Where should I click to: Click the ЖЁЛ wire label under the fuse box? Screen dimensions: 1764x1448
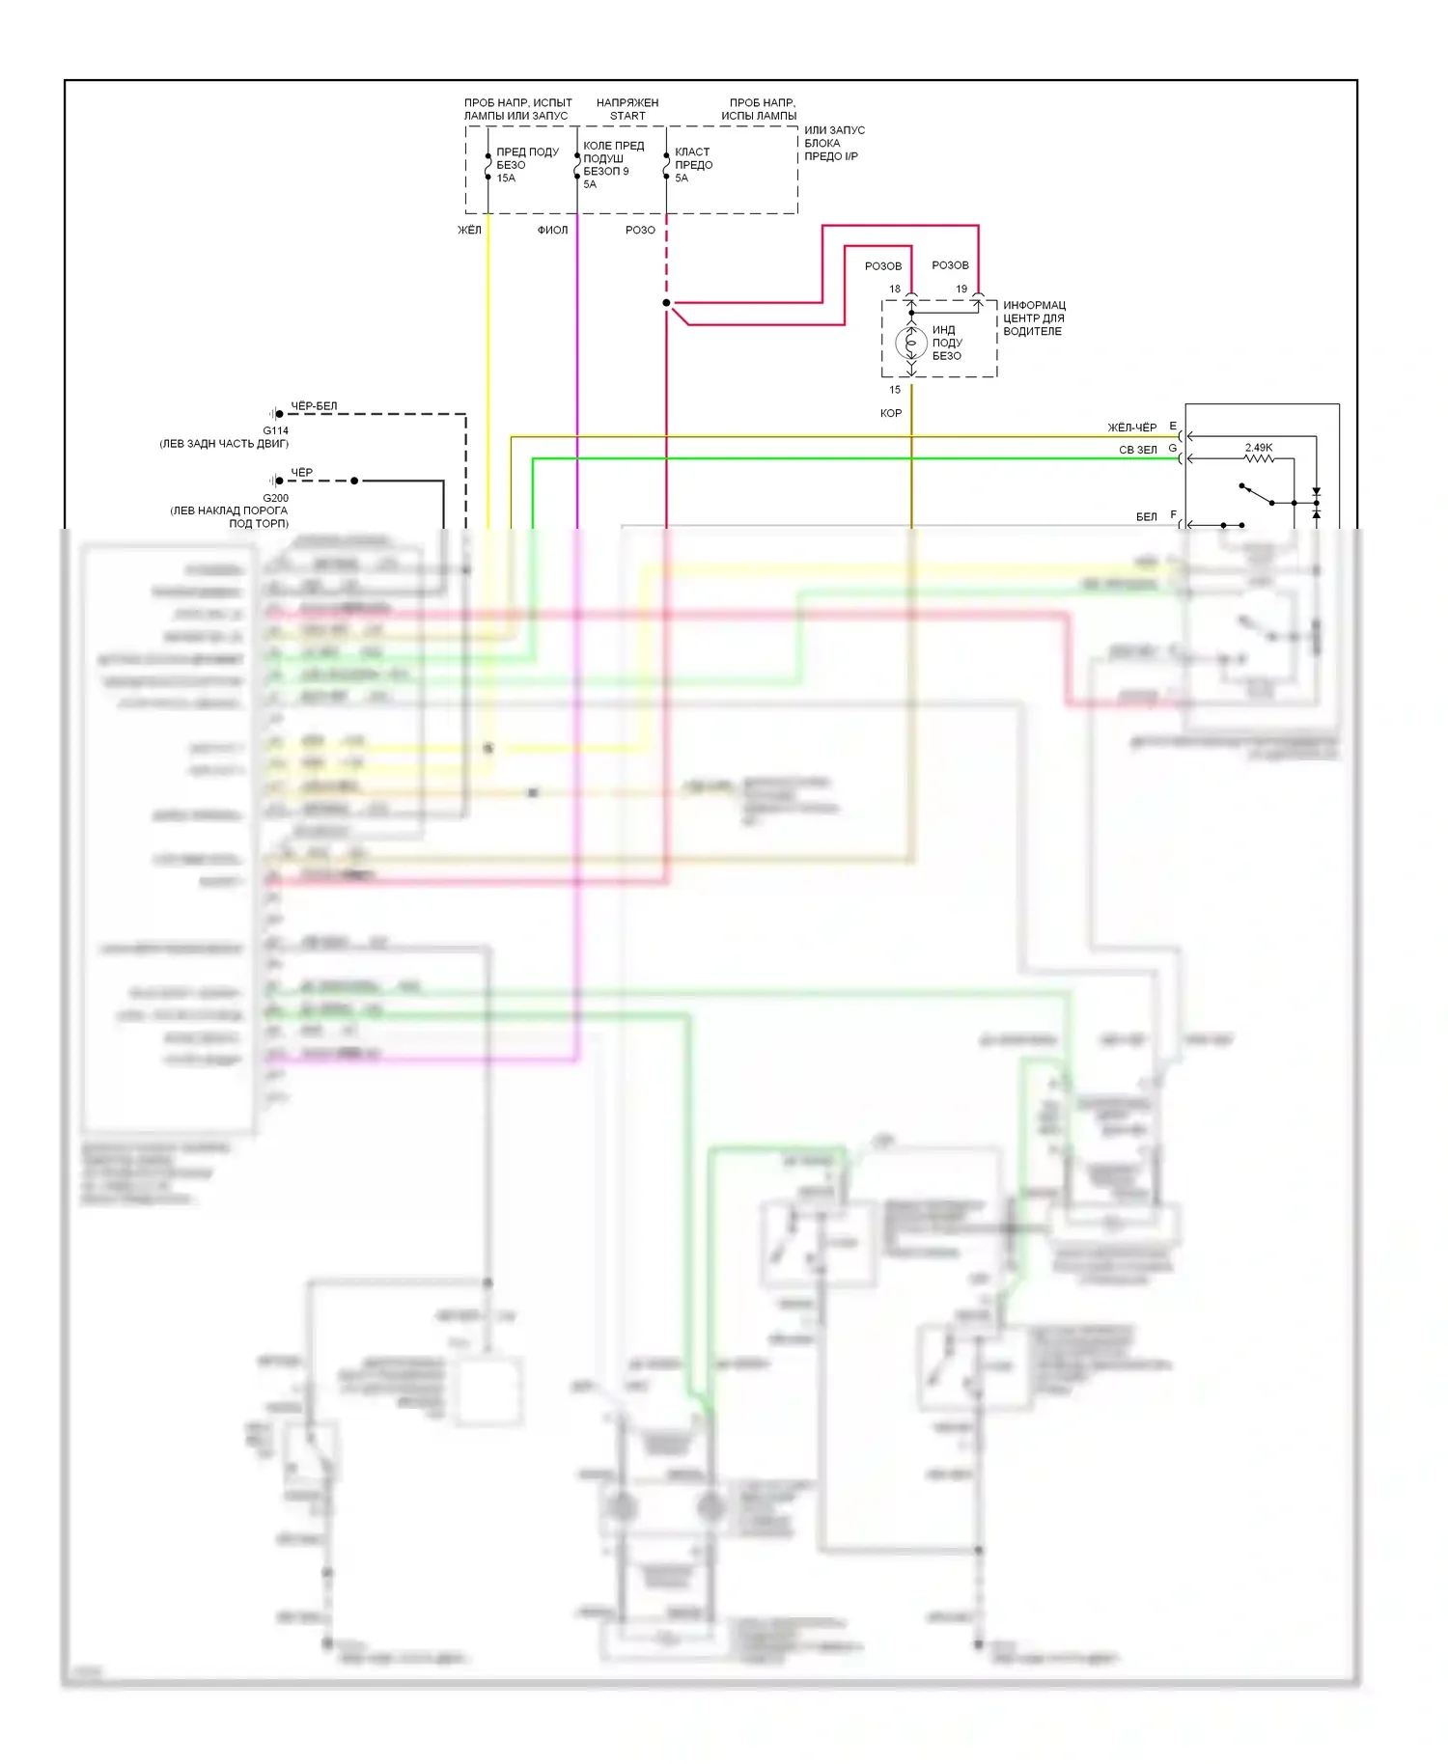[x=469, y=230]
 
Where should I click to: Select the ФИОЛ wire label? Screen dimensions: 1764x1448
[x=552, y=230]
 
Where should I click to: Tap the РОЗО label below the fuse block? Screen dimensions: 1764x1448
[x=640, y=230]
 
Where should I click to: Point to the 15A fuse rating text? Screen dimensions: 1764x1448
[x=506, y=179]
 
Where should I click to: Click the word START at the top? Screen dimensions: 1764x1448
[x=627, y=116]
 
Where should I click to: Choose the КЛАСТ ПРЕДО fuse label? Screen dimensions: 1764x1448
[x=693, y=158]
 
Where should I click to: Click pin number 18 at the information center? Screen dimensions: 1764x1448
[x=895, y=289]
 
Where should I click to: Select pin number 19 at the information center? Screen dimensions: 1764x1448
[x=961, y=289]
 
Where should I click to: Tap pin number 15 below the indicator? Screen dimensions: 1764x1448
[x=895, y=390]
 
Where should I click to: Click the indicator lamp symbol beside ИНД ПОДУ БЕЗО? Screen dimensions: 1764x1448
[x=911, y=342]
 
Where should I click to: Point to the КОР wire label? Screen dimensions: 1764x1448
[x=891, y=413]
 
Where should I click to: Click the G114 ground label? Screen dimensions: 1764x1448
[x=276, y=430]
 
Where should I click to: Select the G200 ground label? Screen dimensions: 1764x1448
[x=276, y=498]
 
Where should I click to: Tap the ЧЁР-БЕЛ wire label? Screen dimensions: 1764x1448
[x=314, y=406]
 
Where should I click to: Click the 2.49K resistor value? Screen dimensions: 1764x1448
[x=1259, y=448]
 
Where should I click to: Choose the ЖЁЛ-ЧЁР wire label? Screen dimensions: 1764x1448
[x=1131, y=427]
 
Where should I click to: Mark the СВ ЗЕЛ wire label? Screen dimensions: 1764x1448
[x=1137, y=450]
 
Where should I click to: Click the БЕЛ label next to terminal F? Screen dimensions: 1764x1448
[x=1146, y=517]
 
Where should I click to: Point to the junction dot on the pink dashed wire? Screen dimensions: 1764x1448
[x=666, y=303]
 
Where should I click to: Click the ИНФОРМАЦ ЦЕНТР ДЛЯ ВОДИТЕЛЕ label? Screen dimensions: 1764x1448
[x=1034, y=318]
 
